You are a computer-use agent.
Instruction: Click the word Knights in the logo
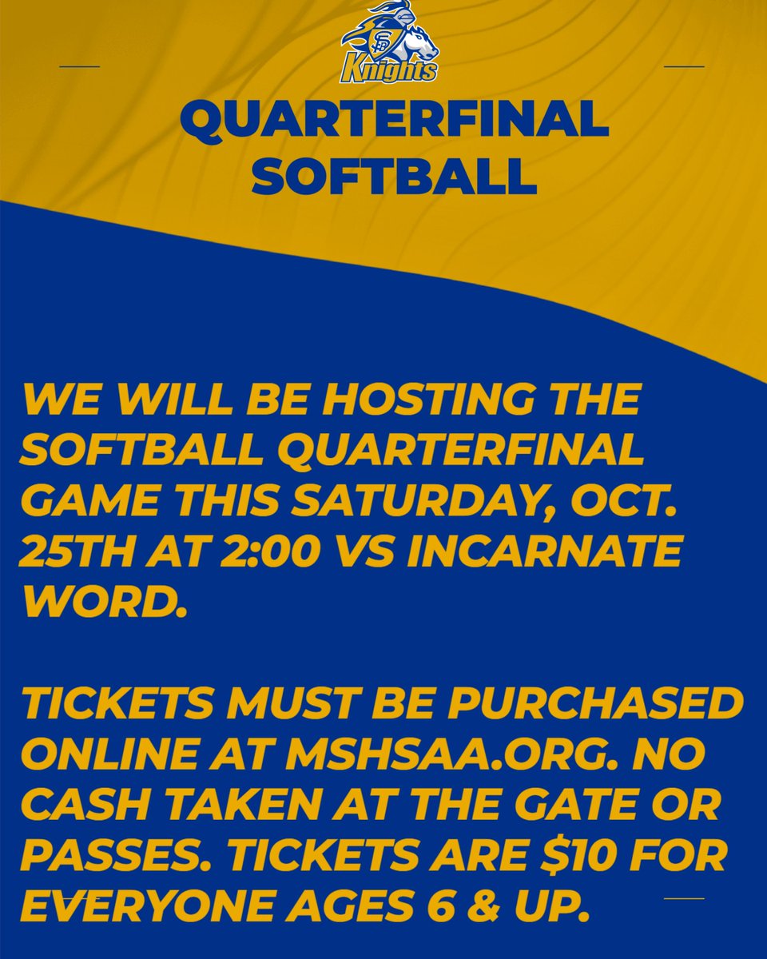[x=388, y=70]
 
